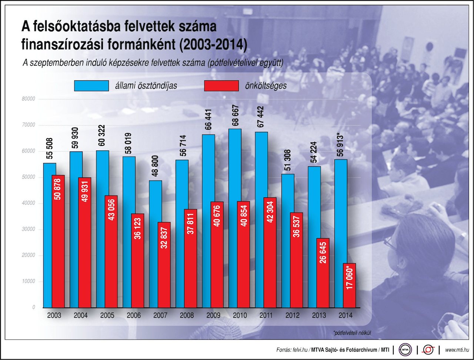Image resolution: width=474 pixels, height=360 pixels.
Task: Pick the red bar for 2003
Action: pyautogui.click(x=58, y=241)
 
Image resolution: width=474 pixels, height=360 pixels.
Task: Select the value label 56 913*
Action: pyautogui.click(x=341, y=144)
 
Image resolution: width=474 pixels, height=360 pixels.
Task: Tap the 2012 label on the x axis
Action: pyautogui.click(x=292, y=316)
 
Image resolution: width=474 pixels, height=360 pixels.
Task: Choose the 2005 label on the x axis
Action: pyautogui.click(x=107, y=316)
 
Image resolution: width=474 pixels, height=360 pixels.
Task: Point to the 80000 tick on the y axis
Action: pyautogui.click(x=28, y=99)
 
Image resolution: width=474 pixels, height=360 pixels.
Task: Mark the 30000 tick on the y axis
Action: pyautogui.click(x=28, y=229)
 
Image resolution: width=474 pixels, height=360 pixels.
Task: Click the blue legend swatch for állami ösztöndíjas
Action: pyautogui.click(x=91, y=86)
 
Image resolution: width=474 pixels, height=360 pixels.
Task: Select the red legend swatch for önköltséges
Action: pyautogui.click(x=221, y=86)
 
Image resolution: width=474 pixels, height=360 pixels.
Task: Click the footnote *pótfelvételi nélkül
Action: pyautogui.click(x=352, y=333)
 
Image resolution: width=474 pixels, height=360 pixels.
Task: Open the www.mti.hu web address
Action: pyautogui.click(x=457, y=350)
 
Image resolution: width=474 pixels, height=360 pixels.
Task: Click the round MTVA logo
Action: pyautogui.click(x=405, y=350)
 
